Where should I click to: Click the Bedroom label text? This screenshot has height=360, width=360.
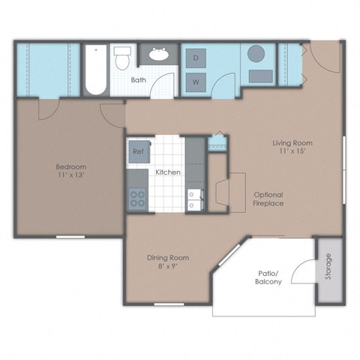[x=70, y=166]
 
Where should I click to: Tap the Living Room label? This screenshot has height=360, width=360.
[x=292, y=142]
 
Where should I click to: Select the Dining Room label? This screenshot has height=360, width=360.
[x=166, y=257]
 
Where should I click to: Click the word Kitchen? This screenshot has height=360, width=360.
[x=167, y=172]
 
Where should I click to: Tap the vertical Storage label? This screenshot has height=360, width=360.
[x=328, y=267]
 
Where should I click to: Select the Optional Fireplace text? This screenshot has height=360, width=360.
[x=268, y=199]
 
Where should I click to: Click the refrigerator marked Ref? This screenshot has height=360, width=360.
[x=138, y=151]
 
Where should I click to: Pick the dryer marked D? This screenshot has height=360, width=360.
[x=195, y=58]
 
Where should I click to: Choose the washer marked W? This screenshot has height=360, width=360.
[x=195, y=80]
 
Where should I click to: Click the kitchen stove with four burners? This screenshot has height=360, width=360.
[x=138, y=199]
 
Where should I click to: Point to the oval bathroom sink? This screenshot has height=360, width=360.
[x=159, y=54]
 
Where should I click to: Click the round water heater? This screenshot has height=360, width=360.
[x=256, y=55]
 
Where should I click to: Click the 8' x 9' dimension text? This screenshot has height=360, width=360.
[x=166, y=266]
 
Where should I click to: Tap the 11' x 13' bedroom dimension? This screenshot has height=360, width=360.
[x=70, y=175]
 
